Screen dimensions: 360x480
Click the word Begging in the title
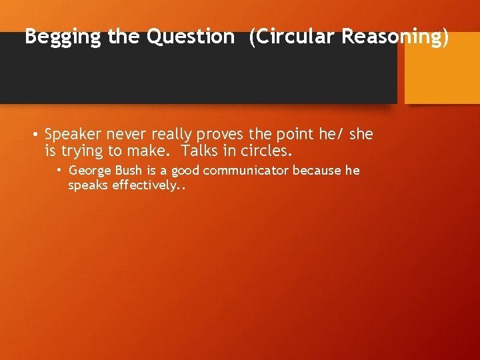coord(63,37)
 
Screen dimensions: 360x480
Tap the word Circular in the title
coord(292,37)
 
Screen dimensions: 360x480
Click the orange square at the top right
coord(442,68)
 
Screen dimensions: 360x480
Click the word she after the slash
coord(361,135)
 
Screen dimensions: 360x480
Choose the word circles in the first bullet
coord(269,151)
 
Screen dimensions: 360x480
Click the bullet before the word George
coord(59,171)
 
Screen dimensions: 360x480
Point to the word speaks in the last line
coord(88,185)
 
